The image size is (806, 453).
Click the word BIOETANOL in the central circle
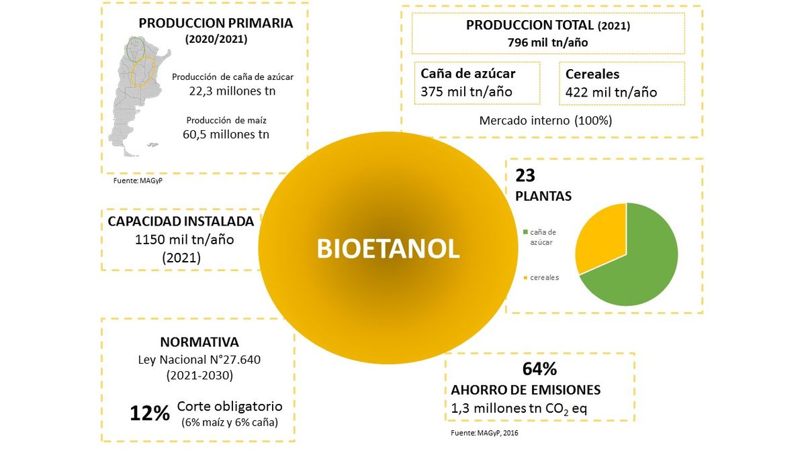click(x=388, y=249)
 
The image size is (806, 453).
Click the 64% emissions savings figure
click(x=539, y=369)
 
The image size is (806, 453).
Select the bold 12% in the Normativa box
click(x=150, y=413)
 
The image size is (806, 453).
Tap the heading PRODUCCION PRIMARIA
click(x=216, y=23)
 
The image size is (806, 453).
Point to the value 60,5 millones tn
click(x=226, y=134)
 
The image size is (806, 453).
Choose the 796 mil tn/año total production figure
click(x=547, y=42)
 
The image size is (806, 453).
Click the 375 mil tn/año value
click(x=466, y=92)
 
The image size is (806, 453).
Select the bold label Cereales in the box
click(x=592, y=74)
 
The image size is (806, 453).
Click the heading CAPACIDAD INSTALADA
click(x=181, y=221)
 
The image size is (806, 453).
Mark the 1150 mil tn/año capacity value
click(x=181, y=239)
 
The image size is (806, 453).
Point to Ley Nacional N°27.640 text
click(x=199, y=359)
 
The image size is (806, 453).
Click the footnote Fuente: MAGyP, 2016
click(x=484, y=433)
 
